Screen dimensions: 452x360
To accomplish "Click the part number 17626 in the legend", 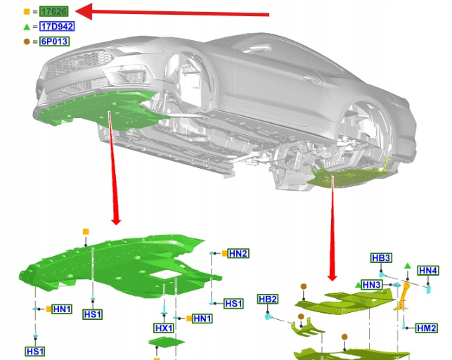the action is tap(54, 11).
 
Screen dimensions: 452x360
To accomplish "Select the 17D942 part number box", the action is tap(57, 27).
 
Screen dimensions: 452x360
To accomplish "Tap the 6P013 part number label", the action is tap(55, 41).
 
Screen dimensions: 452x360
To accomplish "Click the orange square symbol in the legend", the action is tap(27, 11).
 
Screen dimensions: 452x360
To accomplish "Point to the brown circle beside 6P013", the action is tap(27, 41).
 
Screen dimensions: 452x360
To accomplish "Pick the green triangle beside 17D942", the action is tap(27, 27).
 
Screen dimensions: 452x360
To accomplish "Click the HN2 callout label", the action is tap(238, 254).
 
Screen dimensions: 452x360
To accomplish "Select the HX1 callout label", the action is tap(164, 328).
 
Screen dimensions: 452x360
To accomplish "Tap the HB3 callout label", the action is tap(381, 257).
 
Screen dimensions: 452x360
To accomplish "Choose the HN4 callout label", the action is tap(428, 271).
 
